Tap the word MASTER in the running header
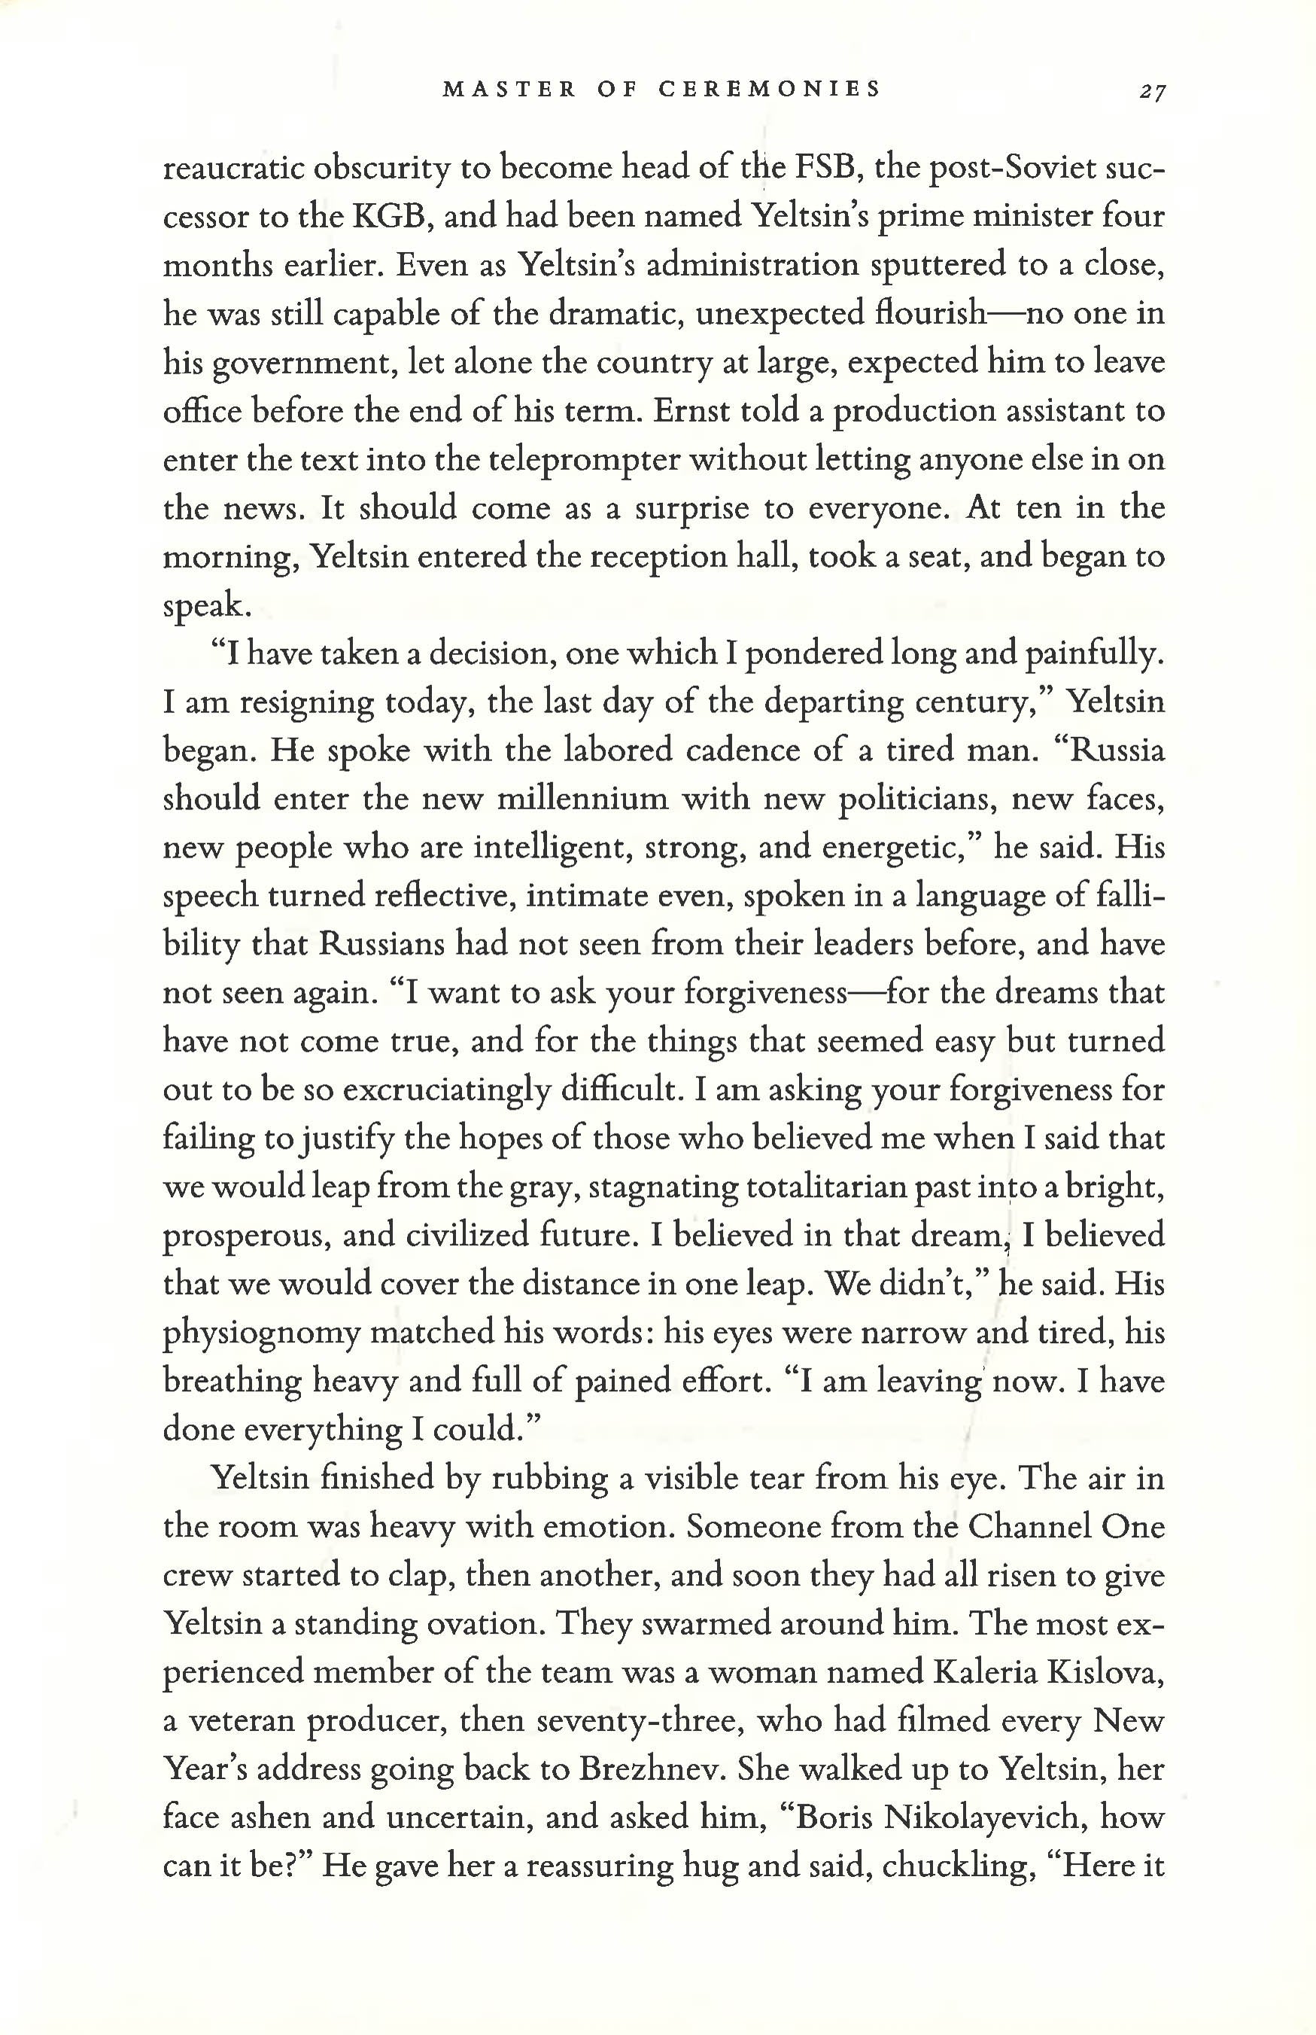coord(509,89)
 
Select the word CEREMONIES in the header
coord(769,89)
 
